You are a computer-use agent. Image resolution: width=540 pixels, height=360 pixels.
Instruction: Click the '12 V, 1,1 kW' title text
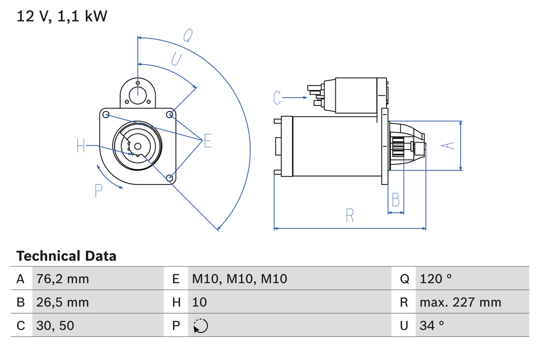click(62, 16)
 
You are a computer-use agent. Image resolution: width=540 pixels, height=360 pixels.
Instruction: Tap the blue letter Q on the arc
click(188, 36)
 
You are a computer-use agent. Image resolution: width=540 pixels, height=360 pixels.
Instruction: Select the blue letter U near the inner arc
click(176, 59)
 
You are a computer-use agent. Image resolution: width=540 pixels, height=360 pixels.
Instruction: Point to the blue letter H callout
click(81, 146)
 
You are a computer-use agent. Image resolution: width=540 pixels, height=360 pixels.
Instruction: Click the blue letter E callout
click(208, 141)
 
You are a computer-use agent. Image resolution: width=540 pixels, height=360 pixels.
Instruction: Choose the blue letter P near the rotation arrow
click(98, 191)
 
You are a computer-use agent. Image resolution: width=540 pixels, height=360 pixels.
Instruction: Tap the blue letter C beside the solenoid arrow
click(277, 98)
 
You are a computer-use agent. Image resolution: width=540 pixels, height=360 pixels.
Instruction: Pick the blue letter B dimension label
click(395, 200)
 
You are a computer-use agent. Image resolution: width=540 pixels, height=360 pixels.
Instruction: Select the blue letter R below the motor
click(350, 216)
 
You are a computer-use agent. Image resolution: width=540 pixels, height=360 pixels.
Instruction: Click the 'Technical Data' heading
click(66, 256)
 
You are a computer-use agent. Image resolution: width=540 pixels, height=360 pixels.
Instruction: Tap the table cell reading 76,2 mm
click(63, 279)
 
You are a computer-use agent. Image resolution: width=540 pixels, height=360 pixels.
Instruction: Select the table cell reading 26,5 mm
click(63, 302)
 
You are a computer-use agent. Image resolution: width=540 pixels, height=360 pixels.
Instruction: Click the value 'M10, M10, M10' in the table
click(240, 279)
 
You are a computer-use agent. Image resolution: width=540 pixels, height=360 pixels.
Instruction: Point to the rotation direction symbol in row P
click(200, 326)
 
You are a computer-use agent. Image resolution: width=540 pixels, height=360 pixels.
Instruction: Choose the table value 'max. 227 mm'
click(460, 302)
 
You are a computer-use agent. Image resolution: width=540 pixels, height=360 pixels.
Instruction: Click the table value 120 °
click(436, 279)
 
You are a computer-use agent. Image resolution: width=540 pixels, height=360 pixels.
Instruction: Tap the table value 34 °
click(432, 325)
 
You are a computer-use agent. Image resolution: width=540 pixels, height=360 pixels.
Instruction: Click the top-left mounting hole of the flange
click(106, 114)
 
